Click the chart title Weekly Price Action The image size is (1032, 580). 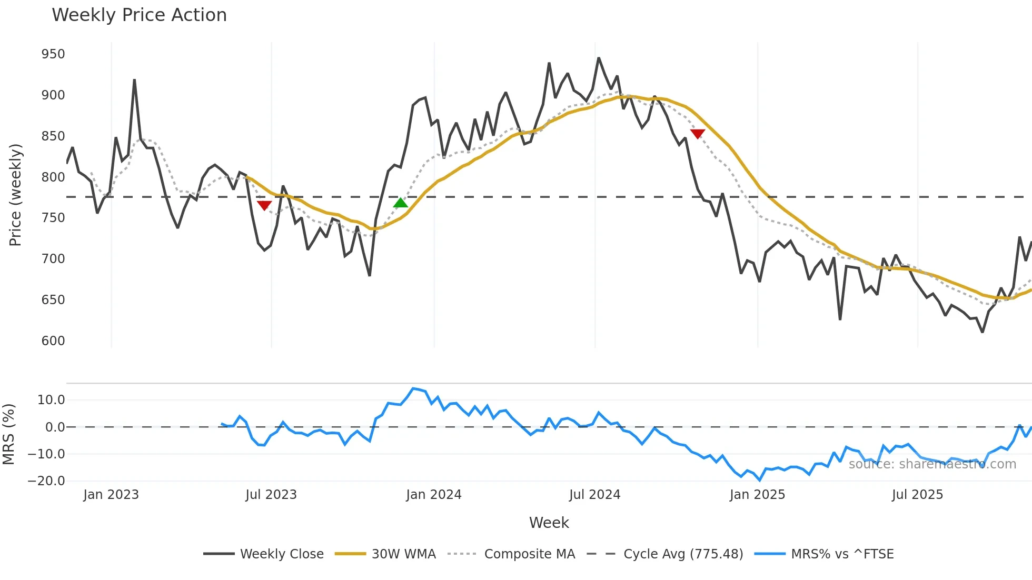coord(139,15)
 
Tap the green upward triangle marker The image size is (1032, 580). coord(401,203)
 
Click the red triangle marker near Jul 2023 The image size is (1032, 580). coord(264,205)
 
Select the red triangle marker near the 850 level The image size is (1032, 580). coord(698,134)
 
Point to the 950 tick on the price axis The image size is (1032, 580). coord(53,54)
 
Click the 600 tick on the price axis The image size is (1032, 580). coord(53,341)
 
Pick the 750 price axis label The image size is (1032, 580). coord(53,218)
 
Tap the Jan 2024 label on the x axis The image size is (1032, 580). coord(433,495)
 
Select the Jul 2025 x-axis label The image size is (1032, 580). coord(917,495)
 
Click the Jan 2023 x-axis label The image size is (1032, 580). coord(111,495)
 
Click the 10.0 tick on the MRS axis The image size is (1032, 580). coord(51,400)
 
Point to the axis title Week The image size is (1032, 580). coord(549,523)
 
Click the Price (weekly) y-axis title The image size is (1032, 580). coord(15,195)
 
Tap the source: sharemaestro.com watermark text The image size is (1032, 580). coord(932,464)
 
